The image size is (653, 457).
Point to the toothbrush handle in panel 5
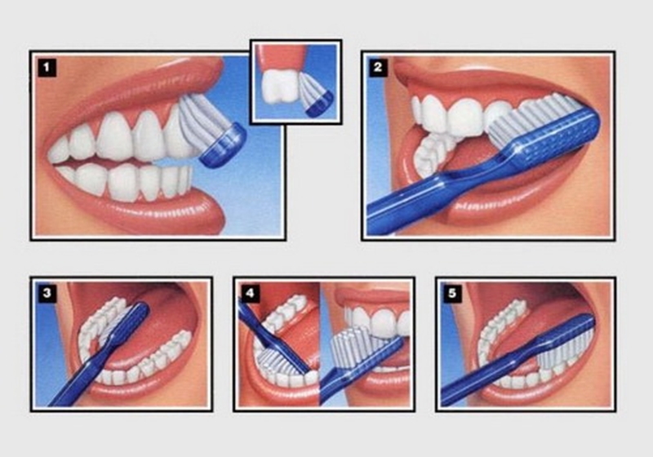point(490,375)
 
